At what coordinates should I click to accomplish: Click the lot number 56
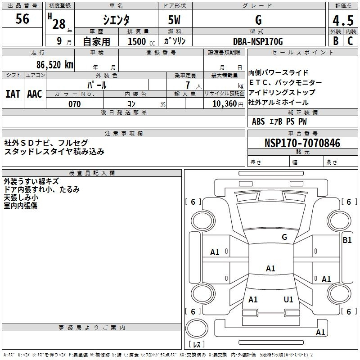[22, 20]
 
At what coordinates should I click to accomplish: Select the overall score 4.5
[342, 21]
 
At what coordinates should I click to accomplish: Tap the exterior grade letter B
[336, 41]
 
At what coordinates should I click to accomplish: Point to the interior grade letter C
[350, 41]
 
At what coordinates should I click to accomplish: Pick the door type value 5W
[175, 20]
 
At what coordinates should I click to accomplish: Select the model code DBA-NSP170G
[258, 41]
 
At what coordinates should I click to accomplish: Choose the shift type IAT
[13, 94]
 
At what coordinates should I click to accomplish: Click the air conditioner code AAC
[35, 94]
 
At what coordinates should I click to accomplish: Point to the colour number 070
[74, 104]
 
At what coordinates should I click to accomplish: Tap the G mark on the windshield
[284, 237]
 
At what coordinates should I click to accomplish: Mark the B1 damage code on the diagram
[347, 240]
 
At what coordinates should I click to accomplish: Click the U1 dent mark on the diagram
[288, 299]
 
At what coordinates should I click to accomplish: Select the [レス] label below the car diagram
[196, 344]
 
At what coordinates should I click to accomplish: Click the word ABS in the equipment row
[258, 121]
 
